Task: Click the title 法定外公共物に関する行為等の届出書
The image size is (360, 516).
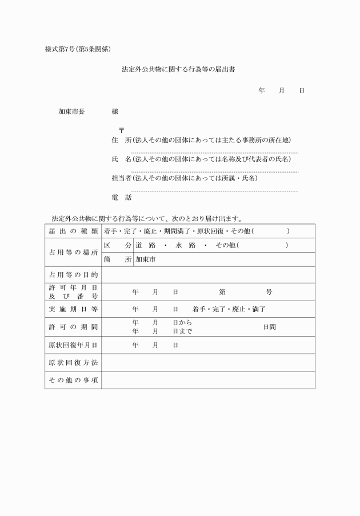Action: tap(179, 70)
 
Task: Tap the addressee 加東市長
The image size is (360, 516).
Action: tap(71, 111)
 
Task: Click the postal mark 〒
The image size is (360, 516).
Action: tap(121, 130)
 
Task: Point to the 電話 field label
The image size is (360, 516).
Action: tap(121, 198)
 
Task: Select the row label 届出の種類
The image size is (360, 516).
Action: tap(73, 231)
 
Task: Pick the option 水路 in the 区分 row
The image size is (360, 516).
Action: tap(186, 245)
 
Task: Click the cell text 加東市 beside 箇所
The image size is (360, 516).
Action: tap(145, 259)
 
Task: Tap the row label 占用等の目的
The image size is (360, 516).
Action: tap(73, 275)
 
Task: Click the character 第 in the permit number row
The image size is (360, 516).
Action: tap(222, 292)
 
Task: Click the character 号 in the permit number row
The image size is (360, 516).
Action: tap(269, 292)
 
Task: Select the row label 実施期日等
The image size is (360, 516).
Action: tap(73, 309)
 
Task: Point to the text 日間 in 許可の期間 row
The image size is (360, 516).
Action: tap(269, 327)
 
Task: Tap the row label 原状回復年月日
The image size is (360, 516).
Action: tap(73, 345)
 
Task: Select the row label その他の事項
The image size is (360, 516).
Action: tap(73, 380)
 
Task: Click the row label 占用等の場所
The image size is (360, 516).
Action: tap(73, 253)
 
